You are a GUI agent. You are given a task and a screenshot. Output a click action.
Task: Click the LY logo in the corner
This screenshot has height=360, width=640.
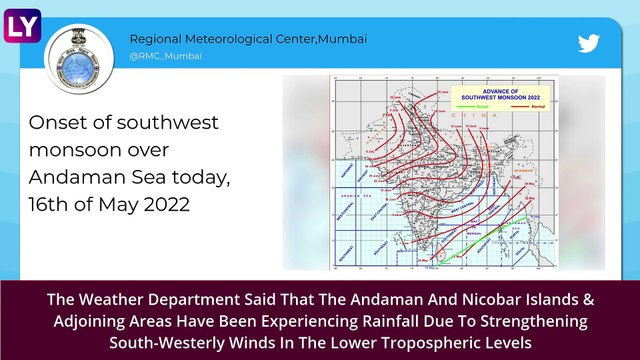tap(21, 20)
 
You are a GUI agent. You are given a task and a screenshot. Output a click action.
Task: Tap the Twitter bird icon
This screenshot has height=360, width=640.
tap(589, 44)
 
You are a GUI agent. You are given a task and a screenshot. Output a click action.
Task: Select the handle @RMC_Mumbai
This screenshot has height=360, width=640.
tap(165, 56)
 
